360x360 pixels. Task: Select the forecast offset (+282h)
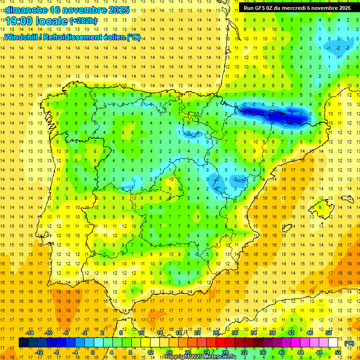[x=83, y=21]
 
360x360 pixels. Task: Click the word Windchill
[x=22, y=37]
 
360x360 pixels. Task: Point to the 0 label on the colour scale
[x=92, y=352]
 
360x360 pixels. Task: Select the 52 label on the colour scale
[x=337, y=352]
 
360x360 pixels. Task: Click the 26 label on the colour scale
[x=216, y=332]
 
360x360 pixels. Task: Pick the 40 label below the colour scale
[x=281, y=352]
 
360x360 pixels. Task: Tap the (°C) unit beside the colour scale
[x=349, y=343]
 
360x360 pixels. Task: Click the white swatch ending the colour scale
[x=333, y=343]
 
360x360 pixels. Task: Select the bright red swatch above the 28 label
[x=225, y=343]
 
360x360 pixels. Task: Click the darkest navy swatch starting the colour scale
[x=23, y=343]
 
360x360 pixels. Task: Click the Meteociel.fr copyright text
[x=200, y=357]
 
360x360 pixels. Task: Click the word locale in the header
[x=51, y=21]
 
